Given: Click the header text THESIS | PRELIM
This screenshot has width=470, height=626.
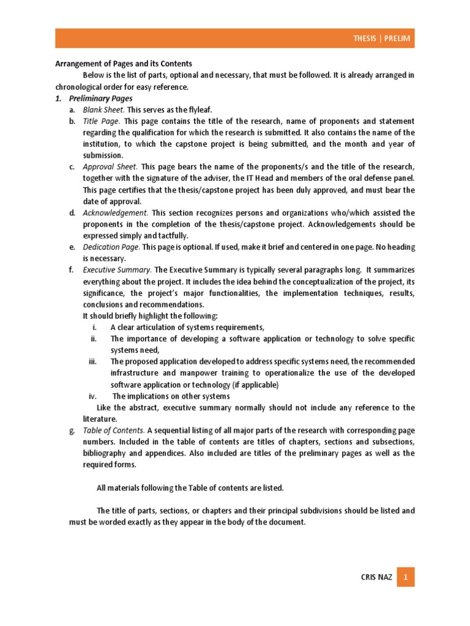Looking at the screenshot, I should coord(382,39).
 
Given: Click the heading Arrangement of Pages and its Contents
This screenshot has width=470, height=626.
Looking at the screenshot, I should coord(124,64).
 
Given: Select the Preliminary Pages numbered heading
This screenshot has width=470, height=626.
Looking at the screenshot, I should coord(104,98).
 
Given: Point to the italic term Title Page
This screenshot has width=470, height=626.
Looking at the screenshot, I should coord(102,121).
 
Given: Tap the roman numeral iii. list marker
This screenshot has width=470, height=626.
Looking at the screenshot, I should coord(93,361).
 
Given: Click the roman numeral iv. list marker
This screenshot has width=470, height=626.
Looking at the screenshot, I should coord(93,396).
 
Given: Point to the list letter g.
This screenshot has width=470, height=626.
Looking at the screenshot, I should coord(72,430).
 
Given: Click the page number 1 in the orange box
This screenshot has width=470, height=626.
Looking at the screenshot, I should coord(405,576).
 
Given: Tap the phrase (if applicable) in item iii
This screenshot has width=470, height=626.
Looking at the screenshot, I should coord(255,385).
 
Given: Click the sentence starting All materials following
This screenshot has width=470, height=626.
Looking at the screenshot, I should coord(190,488).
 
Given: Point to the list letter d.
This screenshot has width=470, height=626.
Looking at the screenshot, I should coord(72,213).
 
